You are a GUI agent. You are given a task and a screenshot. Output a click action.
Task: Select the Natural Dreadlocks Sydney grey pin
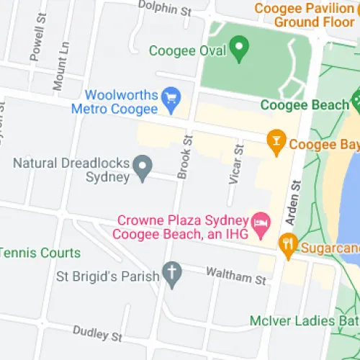click(143, 168)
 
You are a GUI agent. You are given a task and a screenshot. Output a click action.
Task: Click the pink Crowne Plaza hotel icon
click(259, 221)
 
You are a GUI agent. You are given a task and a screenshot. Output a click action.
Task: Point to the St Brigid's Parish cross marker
click(171, 274)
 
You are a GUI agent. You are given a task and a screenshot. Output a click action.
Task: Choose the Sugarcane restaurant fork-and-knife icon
click(289, 246)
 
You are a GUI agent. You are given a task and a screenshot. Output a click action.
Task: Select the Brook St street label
click(186, 156)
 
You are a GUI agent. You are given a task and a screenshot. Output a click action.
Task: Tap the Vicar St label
click(237, 164)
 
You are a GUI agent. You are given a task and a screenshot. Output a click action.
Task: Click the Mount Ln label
click(60, 66)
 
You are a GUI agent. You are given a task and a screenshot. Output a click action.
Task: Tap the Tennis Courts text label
click(40, 253)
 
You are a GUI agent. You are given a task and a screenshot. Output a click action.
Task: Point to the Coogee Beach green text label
click(304, 105)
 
